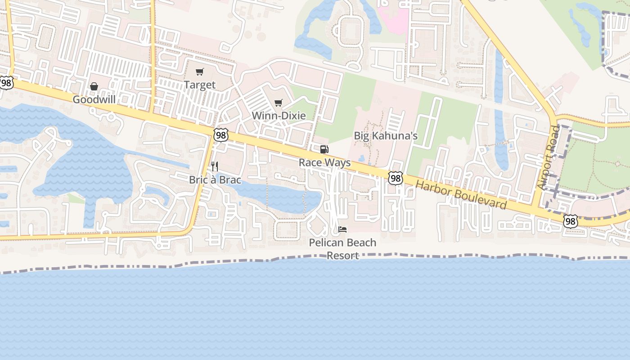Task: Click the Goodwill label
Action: point(94,99)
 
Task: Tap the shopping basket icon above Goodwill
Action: point(94,86)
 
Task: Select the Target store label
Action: point(200,85)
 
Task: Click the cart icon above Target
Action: point(200,72)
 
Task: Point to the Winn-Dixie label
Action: point(279,116)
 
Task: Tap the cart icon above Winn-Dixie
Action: point(279,103)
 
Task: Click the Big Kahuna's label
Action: point(386,135)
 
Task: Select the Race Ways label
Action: point(324,162)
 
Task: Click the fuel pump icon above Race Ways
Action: point(324,149)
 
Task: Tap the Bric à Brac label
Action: point(215,180)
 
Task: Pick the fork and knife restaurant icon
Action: point(215,166)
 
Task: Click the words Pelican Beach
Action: point(342,243)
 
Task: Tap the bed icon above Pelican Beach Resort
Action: point(342,229)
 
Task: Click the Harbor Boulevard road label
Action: point(461,195)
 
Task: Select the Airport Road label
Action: point(549,157)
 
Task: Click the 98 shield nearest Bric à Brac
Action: point(221,135)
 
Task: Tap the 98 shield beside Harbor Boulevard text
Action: point(395,178)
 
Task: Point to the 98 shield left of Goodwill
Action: point(6,83)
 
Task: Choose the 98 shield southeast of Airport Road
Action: point(570,221)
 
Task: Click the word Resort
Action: point(342,256)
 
